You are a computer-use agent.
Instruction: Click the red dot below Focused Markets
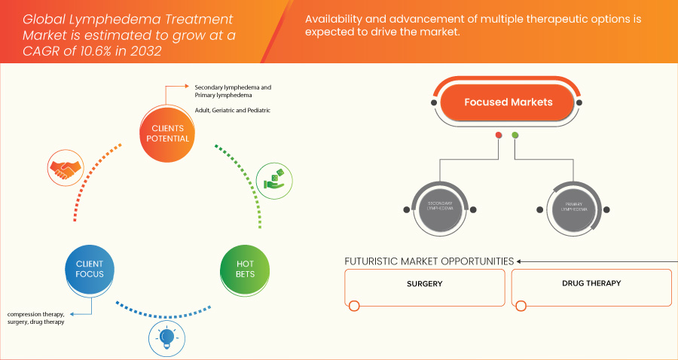click(x=498, y=136)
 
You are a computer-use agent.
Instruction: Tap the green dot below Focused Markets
click(x=515, y=136)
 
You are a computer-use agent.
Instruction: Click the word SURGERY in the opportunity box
click(x=424, y=284)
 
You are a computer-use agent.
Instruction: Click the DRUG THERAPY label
click(x=591, y=284)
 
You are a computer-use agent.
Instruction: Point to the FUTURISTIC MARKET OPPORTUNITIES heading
click(x=429, y=261)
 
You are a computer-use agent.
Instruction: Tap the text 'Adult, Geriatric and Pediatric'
click(x=232, y=111)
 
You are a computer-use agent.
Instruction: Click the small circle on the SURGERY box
click(x=353, y=306)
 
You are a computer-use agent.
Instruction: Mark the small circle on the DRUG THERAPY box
click(x=521, y=306)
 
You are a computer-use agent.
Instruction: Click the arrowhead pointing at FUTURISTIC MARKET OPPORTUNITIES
click(x=520, y=261)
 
